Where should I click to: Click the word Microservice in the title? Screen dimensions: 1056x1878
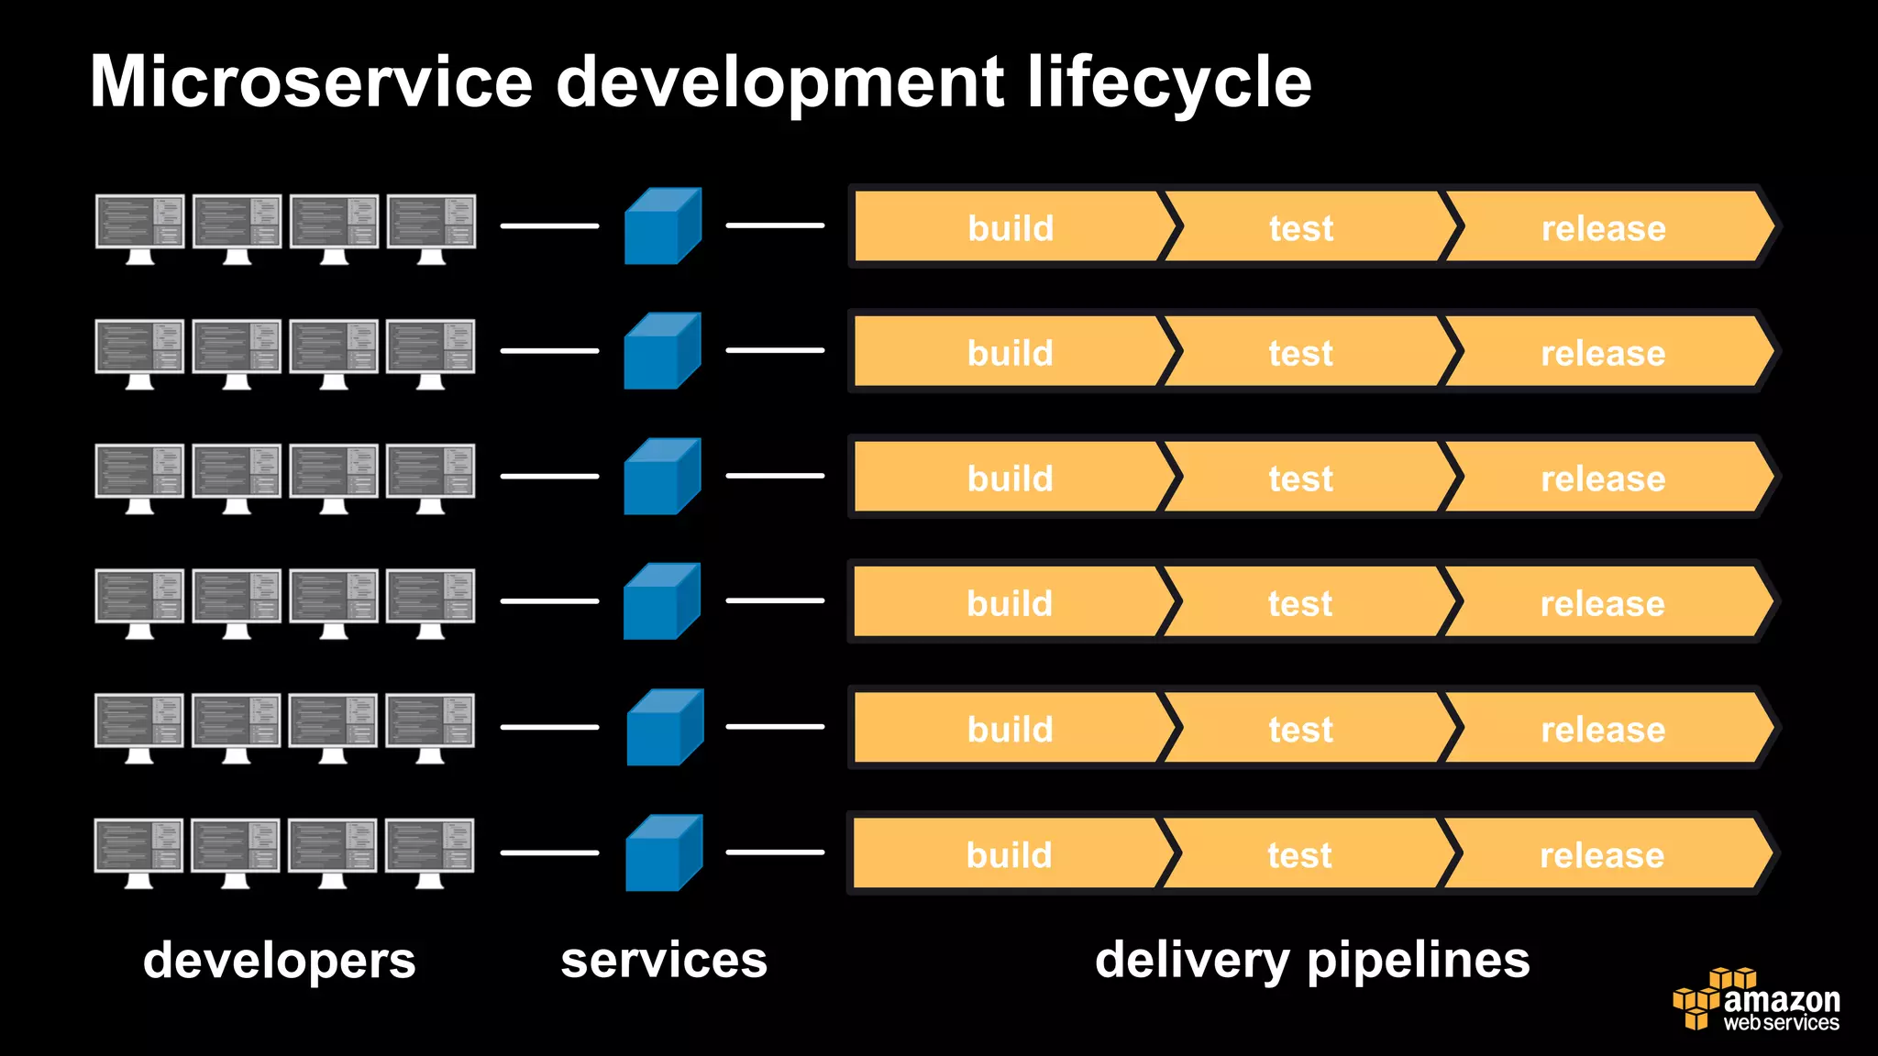[x=311, y=82]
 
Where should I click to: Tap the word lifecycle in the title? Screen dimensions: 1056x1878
[x=1169, y=82]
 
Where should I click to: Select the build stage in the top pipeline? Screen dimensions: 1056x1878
[x=1011, y=227]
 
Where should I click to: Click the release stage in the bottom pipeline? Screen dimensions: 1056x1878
[x=1602, y=854]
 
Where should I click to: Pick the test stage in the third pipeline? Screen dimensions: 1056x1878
[x=1300, y=478]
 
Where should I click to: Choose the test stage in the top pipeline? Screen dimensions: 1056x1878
[x=1301, y=227]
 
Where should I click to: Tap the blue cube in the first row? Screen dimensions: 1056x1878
[x=662, y=226]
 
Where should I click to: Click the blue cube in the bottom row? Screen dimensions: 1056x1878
[x=663, y=853]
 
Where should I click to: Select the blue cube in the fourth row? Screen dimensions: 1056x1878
[x=661, y=601]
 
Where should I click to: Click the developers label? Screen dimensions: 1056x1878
[x=280, y=960]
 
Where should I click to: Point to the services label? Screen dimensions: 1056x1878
[x=664, y=960]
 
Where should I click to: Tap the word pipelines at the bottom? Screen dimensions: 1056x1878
[x=1418, y=960]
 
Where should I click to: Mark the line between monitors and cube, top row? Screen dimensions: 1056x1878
[x=549, y=225]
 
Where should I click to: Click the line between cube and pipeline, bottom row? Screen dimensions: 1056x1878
[x=775, y=852]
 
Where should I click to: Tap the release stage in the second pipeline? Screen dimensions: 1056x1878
[x=1603, y=353]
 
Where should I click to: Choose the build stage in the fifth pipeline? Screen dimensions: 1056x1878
[x=1010, y=729]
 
